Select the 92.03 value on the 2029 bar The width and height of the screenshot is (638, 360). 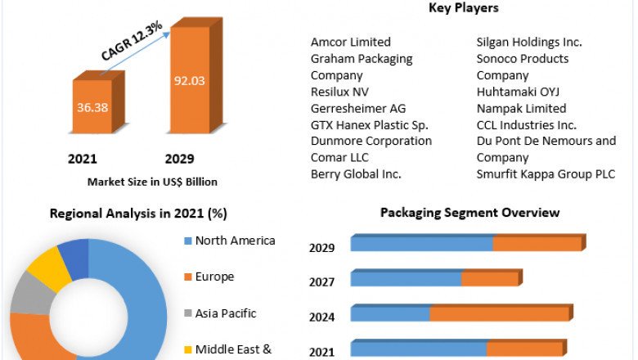click(x=189, y=80)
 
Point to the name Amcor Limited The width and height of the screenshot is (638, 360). click(x=351, y=42)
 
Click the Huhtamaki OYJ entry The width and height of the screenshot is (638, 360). click(x=518, y=92)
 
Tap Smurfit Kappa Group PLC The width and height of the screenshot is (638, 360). click(x=546, y=174)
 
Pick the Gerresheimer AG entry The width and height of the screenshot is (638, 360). click(x=358, y=108)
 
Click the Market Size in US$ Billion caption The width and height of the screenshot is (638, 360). click(x=152, y=182)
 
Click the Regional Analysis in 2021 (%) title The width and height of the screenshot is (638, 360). click(x=138, y=214)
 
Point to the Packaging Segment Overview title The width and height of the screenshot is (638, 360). click(x=470, y=213)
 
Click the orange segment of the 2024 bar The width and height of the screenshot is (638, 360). click(x=499, y=314)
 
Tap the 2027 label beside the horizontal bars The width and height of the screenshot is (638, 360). click(x=321, y=282)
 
